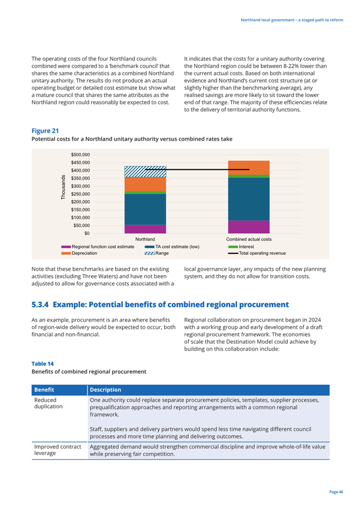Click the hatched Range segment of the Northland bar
click(x=145, y=171)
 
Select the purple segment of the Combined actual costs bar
click(x=249, y=227)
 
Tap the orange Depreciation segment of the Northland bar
click(x=145, y=184)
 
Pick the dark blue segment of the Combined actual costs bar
click(x=249, y=199)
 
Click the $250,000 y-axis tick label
click(x=80, y=194)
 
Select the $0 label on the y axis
click(x=87, y=233)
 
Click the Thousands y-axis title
click(x=63, y=188)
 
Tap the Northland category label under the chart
click(x=145, y=239)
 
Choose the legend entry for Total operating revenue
click(x=257, y=253)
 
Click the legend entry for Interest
click(x=241, y=247)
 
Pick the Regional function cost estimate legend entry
click(x=98, y=247)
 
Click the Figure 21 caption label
click(x=45, y=131)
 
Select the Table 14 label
click(x=42, y=364)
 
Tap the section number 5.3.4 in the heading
click(x=40, y=305)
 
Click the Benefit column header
click(x=44, y=390)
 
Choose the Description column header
click(x=105, y=390)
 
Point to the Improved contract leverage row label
click(x=57, y=450)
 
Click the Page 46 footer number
click(x=337, y=492)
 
